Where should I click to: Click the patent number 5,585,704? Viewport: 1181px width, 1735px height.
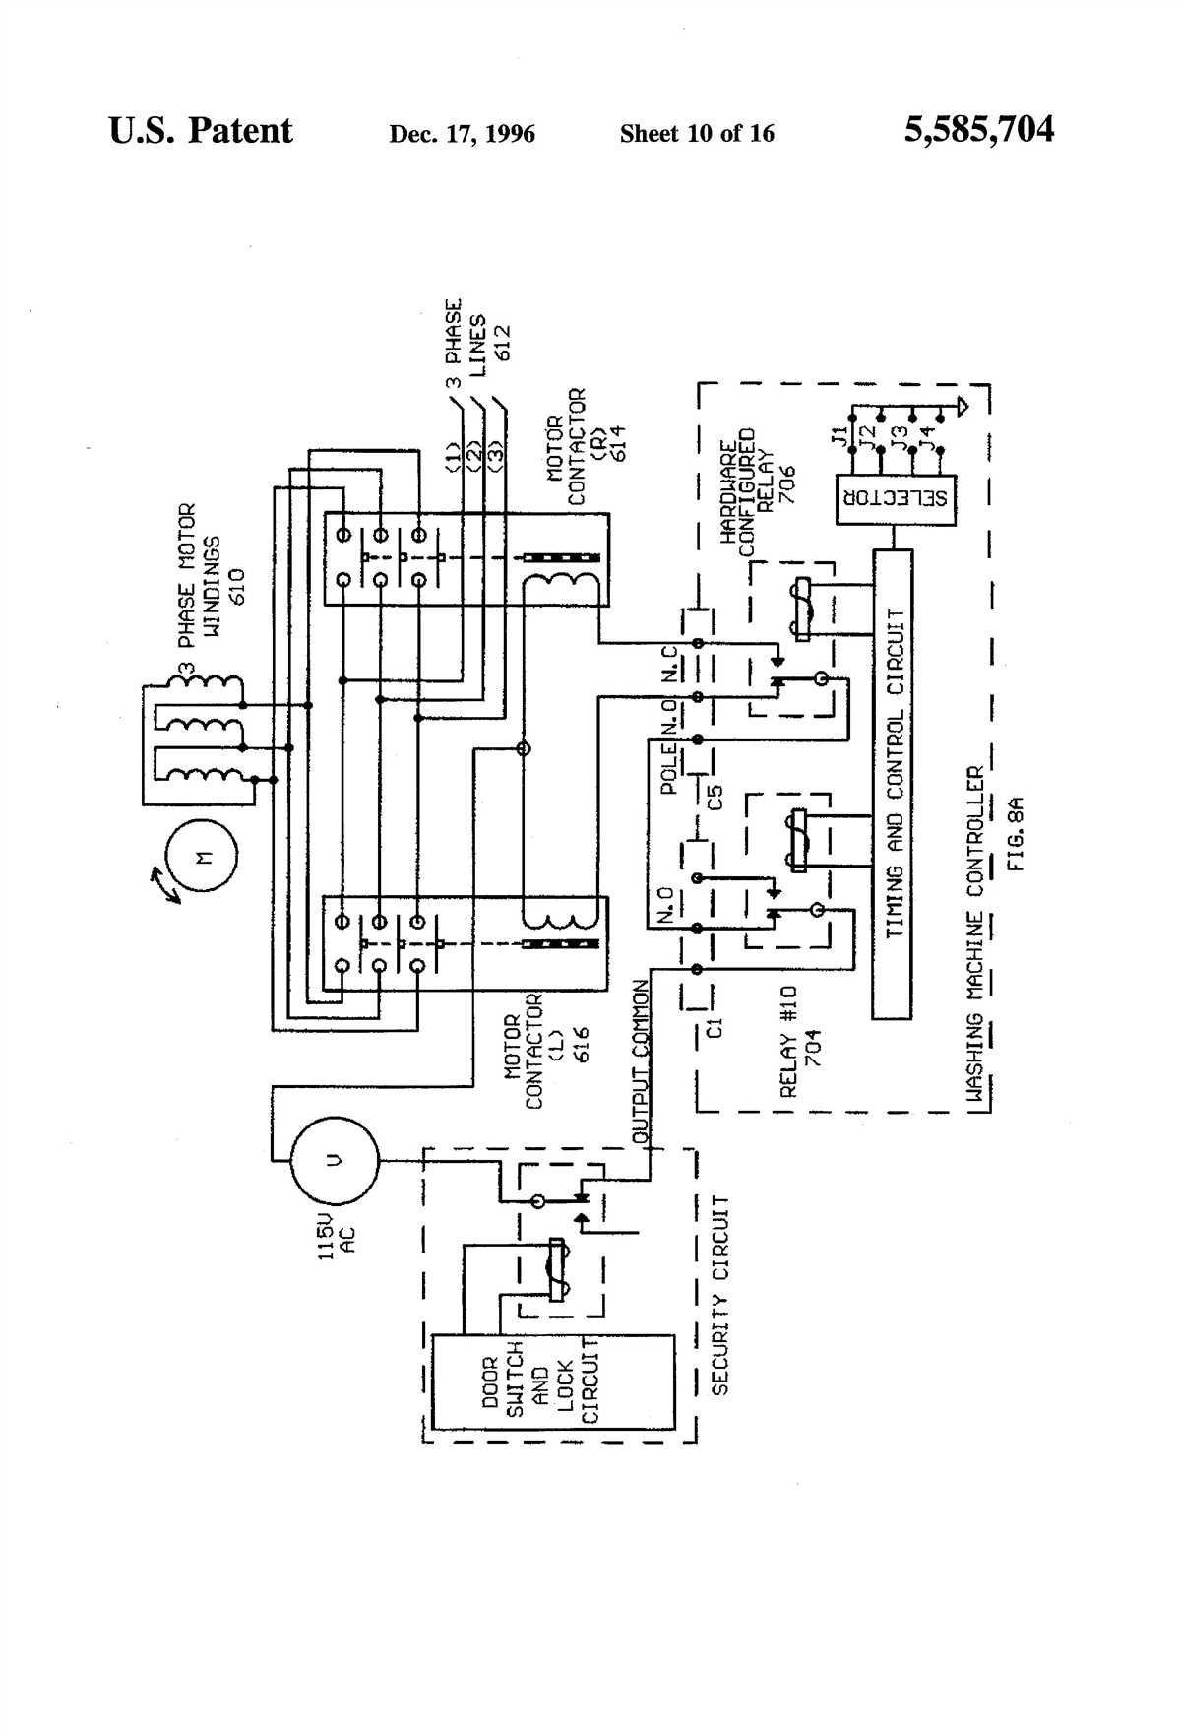tap(978, 130)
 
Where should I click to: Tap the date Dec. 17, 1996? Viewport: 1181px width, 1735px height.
tap(462, 134)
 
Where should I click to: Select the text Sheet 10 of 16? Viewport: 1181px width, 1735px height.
tap(697, 134)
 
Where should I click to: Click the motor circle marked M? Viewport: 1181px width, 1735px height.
tap(203, 858)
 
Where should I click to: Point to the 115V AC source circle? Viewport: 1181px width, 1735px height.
tap(335, 1159)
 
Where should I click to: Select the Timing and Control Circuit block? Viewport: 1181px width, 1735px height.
tap(893, 784)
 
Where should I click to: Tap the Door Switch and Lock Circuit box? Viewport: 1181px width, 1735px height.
tap(553, 1382)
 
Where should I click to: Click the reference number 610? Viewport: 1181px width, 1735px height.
tap(236, 588)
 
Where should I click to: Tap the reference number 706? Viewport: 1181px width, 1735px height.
tap(787, 484)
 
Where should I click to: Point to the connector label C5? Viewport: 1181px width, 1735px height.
tap(715, 797)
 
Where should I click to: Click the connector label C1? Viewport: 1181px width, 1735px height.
tap(715, 1028)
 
